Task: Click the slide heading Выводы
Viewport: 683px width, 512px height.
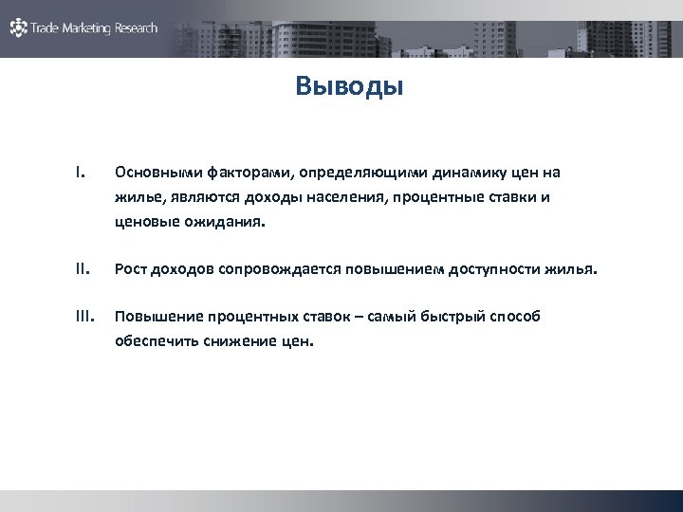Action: click(349, 87)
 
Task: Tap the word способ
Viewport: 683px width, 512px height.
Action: click(513, 317)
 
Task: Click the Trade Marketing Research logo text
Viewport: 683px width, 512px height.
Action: click(95, 28)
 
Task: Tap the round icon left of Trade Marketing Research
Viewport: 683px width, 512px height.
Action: click(19, 27)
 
